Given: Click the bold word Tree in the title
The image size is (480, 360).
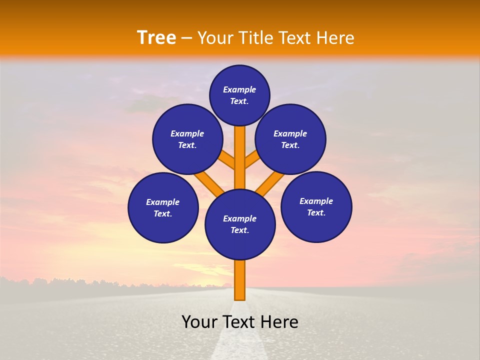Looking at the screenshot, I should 156,38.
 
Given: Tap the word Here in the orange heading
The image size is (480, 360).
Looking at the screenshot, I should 335,38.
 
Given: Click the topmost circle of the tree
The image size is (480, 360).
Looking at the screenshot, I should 239,95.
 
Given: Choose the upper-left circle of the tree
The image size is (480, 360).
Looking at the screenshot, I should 187,139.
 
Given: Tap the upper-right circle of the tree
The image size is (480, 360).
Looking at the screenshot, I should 290,139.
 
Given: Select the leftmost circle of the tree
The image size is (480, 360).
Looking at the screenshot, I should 163,207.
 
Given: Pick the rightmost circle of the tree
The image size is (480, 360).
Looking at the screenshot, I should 316,206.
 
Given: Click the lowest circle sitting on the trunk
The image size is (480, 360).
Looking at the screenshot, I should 240,224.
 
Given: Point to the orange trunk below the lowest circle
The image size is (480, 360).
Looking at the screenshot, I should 240,280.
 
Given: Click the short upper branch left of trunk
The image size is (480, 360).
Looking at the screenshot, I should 227,161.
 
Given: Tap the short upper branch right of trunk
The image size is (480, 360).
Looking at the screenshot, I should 251,160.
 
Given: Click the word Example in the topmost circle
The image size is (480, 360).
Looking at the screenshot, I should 239,89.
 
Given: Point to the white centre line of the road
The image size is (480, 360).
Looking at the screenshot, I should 235,340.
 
